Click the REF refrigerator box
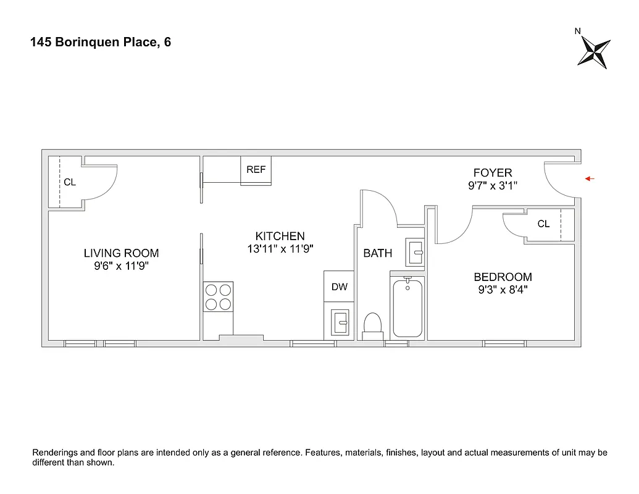point(256,170)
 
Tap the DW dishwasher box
point(339,287)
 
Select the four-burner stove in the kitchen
point(219,296)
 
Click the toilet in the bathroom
point(373,325)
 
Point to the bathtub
point(407,307)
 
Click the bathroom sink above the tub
point(415,252)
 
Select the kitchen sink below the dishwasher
point(340,322)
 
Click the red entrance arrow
point(590,179)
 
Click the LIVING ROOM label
point(121,253)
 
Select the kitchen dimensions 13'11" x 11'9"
point(280,249)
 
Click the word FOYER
point(492,173)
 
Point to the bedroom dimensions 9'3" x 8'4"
point(502,290)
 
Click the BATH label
point(377,253)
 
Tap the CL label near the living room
point(70,183)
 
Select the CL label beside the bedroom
point(543,224)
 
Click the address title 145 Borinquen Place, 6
point(101,43)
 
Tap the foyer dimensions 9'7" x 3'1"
point(492,185)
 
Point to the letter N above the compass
point(577,31)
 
